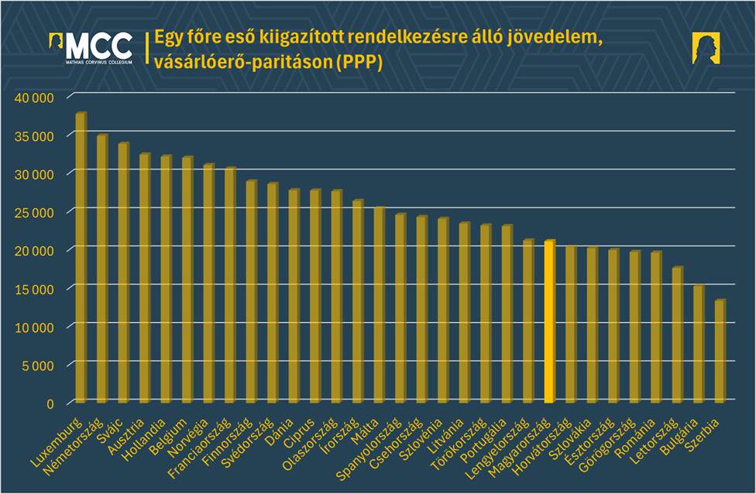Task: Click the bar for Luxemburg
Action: click(81, 259)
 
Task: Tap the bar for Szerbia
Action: click(720, 352)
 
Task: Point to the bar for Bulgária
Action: click(699, 345)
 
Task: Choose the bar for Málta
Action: click(379, 305)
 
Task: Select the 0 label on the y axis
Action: click(50, 403)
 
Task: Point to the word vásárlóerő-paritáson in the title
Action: click(243, 63)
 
